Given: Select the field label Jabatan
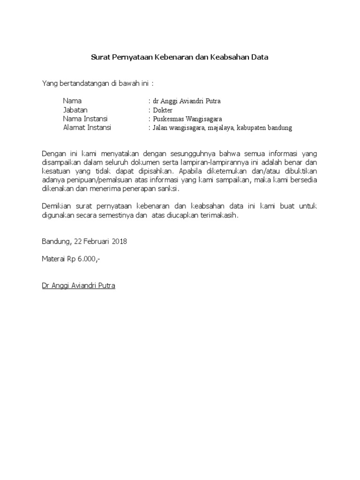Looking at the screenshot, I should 75,110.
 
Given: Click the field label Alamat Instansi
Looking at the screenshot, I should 87,127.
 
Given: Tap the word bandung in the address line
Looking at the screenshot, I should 280,127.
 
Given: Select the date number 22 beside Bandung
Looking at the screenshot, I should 77,242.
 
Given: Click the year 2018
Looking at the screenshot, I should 119,242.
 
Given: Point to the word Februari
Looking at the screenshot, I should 97,242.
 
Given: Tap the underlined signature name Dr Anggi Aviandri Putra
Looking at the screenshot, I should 78,285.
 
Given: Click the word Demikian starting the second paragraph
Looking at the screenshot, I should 56,207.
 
